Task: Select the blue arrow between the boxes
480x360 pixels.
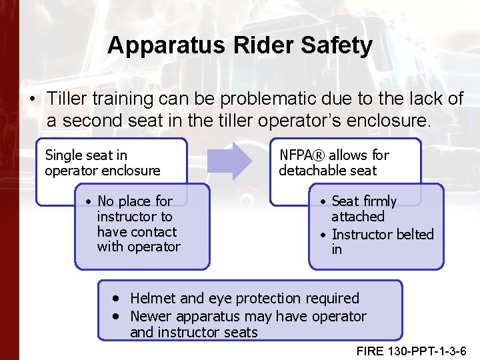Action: (229, 162)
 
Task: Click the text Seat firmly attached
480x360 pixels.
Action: (363, 208)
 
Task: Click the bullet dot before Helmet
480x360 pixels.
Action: (117, 298)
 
